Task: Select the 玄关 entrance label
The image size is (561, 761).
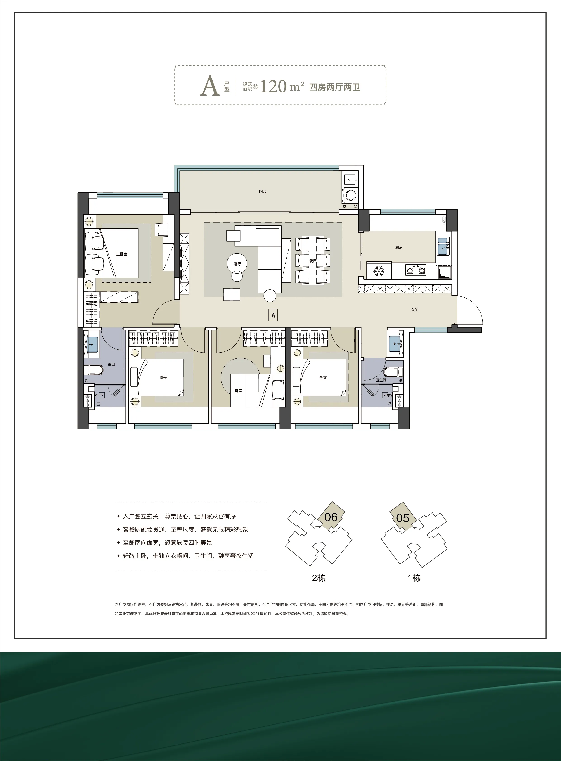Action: click(414, 310)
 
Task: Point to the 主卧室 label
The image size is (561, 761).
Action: click(122, 254)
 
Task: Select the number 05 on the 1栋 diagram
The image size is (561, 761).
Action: click(402, 518)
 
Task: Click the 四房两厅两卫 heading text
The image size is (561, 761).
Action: click(334, 87)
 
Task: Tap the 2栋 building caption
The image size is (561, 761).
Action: click(319, 578)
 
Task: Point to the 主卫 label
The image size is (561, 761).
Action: click(111, 364)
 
